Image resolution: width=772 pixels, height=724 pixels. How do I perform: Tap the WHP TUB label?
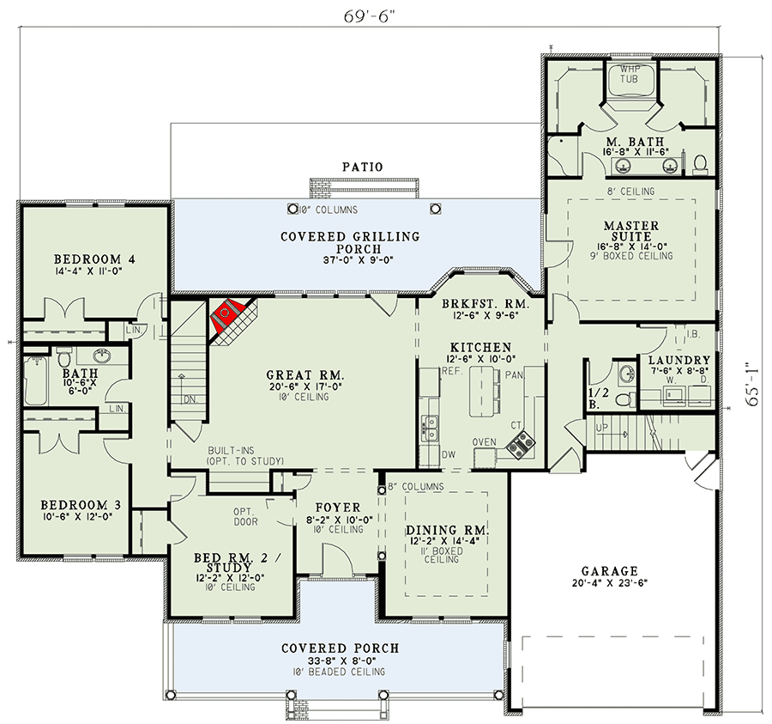point(629,74)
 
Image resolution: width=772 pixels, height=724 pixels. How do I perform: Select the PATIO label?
point(362,167)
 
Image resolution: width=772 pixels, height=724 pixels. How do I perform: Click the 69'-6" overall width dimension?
point(370,16)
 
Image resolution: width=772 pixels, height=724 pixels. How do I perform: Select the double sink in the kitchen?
point(430,429)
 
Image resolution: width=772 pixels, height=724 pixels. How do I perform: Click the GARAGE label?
point(610,571)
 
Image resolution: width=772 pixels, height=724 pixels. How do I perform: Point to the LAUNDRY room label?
point(679,360)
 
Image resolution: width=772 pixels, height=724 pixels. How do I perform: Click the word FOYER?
point(338,508)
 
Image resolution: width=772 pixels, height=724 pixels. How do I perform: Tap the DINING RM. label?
point(447,530)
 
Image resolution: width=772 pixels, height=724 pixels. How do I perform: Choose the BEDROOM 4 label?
point(94,259)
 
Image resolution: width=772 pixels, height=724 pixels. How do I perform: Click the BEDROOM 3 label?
point(81,505)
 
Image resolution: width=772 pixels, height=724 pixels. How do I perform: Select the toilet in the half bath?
point(624,399)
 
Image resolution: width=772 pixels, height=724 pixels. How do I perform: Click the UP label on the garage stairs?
point(601,428)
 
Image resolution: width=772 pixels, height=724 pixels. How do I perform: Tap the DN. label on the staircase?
point(190,399)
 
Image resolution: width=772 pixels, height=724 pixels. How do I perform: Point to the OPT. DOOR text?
point(245,516)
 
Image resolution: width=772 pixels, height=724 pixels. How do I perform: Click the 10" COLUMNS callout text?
point(329,210)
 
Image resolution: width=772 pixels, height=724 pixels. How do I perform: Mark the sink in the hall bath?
point(102,355)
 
